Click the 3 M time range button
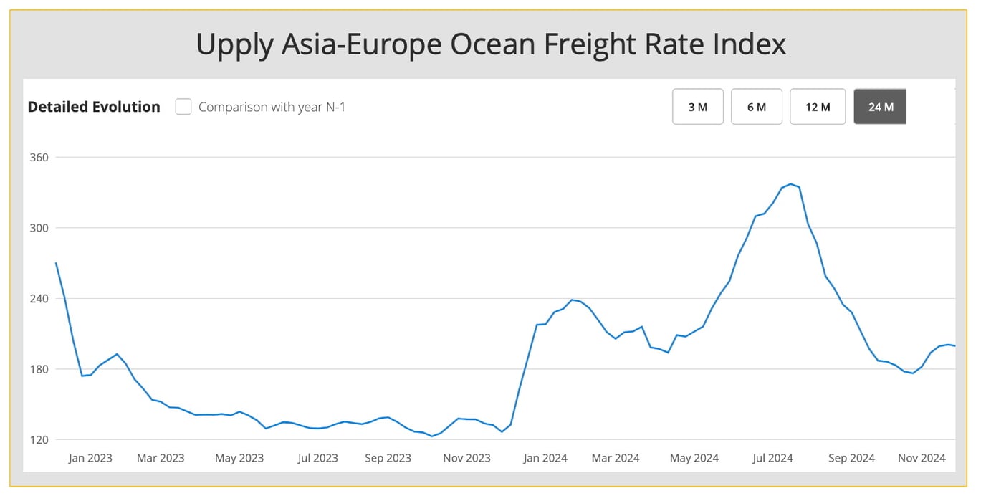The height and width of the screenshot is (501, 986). pos(697,107)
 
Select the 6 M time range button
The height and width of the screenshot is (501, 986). pos(756,107)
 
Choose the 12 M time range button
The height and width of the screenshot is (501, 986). pos(818,107)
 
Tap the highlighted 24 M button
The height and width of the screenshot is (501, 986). pos(880,107)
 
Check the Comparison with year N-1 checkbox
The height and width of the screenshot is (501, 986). pos(183,107)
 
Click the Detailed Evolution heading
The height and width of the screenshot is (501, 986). pos(94,107)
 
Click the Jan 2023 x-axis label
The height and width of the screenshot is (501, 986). pos(90,458)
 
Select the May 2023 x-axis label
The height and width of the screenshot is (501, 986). pos(239,458)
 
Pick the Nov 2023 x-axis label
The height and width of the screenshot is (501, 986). pos(467,458)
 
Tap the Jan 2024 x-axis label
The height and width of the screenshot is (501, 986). pos(545,458)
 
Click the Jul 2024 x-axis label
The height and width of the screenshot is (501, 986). pos(772,458)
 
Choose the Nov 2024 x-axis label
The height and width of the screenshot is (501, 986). pos(922,458)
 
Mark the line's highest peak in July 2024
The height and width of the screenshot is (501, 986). pos(790,184)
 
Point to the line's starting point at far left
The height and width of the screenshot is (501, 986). pos(56,263)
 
